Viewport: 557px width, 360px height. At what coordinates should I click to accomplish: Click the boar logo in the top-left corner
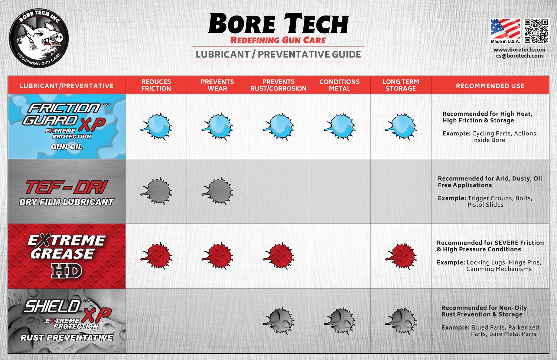click(39, 38)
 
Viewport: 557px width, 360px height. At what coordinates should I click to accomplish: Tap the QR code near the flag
click(536, 31)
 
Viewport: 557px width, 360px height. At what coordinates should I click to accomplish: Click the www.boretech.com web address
click(519, 50)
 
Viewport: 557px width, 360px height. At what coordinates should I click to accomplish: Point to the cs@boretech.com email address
click(519, 56)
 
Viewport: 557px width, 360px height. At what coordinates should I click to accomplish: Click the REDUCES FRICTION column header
click(156, 85)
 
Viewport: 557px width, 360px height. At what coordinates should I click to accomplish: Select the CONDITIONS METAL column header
click(339, 85)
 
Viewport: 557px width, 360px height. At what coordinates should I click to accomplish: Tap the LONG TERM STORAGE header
click(401, 85)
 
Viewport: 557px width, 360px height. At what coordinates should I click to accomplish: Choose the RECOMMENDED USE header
click(490, 86)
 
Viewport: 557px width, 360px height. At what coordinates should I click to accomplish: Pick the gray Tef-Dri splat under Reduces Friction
click(157, 191)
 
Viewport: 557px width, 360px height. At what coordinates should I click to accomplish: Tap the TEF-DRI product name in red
click(67, 188)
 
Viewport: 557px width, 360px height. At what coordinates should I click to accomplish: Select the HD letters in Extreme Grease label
click(67, 271)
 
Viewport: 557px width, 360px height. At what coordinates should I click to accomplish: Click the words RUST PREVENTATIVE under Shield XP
click(67, 338)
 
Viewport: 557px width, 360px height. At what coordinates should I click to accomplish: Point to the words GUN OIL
click(67, 147)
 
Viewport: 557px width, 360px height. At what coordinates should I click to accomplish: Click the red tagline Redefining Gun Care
click(278, 40)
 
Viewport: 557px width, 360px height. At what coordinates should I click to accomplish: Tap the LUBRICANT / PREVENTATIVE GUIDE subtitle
click(278, 55)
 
